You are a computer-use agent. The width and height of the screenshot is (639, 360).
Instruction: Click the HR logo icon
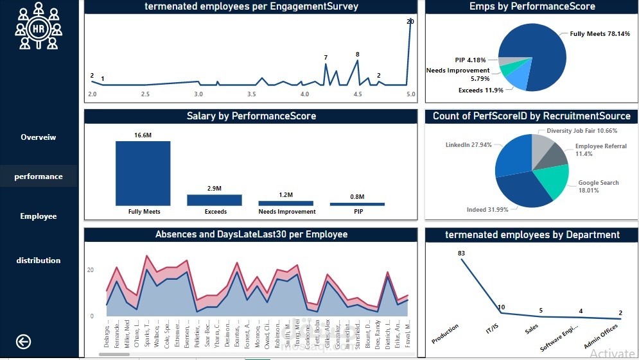pyautogui.click(x=39, y=26)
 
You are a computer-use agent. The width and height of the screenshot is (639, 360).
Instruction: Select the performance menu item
pyautogui.click(x=39, y=176)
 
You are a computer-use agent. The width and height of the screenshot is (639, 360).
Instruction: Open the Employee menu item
pyautogui.click(x=39, y=216)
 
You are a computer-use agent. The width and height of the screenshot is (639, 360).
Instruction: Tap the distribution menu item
pyautogui.click(x=39, y=261)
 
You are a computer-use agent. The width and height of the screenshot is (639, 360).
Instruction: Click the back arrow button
pyautogui.click(x=23, y=342)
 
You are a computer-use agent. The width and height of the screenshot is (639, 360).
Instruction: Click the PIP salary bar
pyautogui.click(x=357, y=204)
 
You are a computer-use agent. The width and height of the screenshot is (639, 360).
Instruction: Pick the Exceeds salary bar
pyautogui.click(x=214, y=200)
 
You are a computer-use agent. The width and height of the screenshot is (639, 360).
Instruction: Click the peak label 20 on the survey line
pyautogui.click(x=410, y=22)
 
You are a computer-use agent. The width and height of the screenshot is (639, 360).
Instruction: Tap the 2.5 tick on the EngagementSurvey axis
pyautogui.click(x=145, y=94)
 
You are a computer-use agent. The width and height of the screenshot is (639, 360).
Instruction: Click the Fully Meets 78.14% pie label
pyautogui.click(x=600, y=34)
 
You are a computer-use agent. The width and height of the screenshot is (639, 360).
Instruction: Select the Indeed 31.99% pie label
pyautogui.click(x=488, y=210)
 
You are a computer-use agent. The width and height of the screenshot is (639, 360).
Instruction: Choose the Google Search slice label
pyautogui.click(x=599, y=186)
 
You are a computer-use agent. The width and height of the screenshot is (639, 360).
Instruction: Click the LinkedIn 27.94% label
pyautogui.click(x=469, y=145)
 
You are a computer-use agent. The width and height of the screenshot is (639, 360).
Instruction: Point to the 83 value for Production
pyautogui.click(x=461, y=253)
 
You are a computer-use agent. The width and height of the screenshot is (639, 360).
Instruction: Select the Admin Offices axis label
pyautogui.click(x=601, y=336)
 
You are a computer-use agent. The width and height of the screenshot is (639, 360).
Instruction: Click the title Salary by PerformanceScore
pyautogui.click(x=251, y=116)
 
